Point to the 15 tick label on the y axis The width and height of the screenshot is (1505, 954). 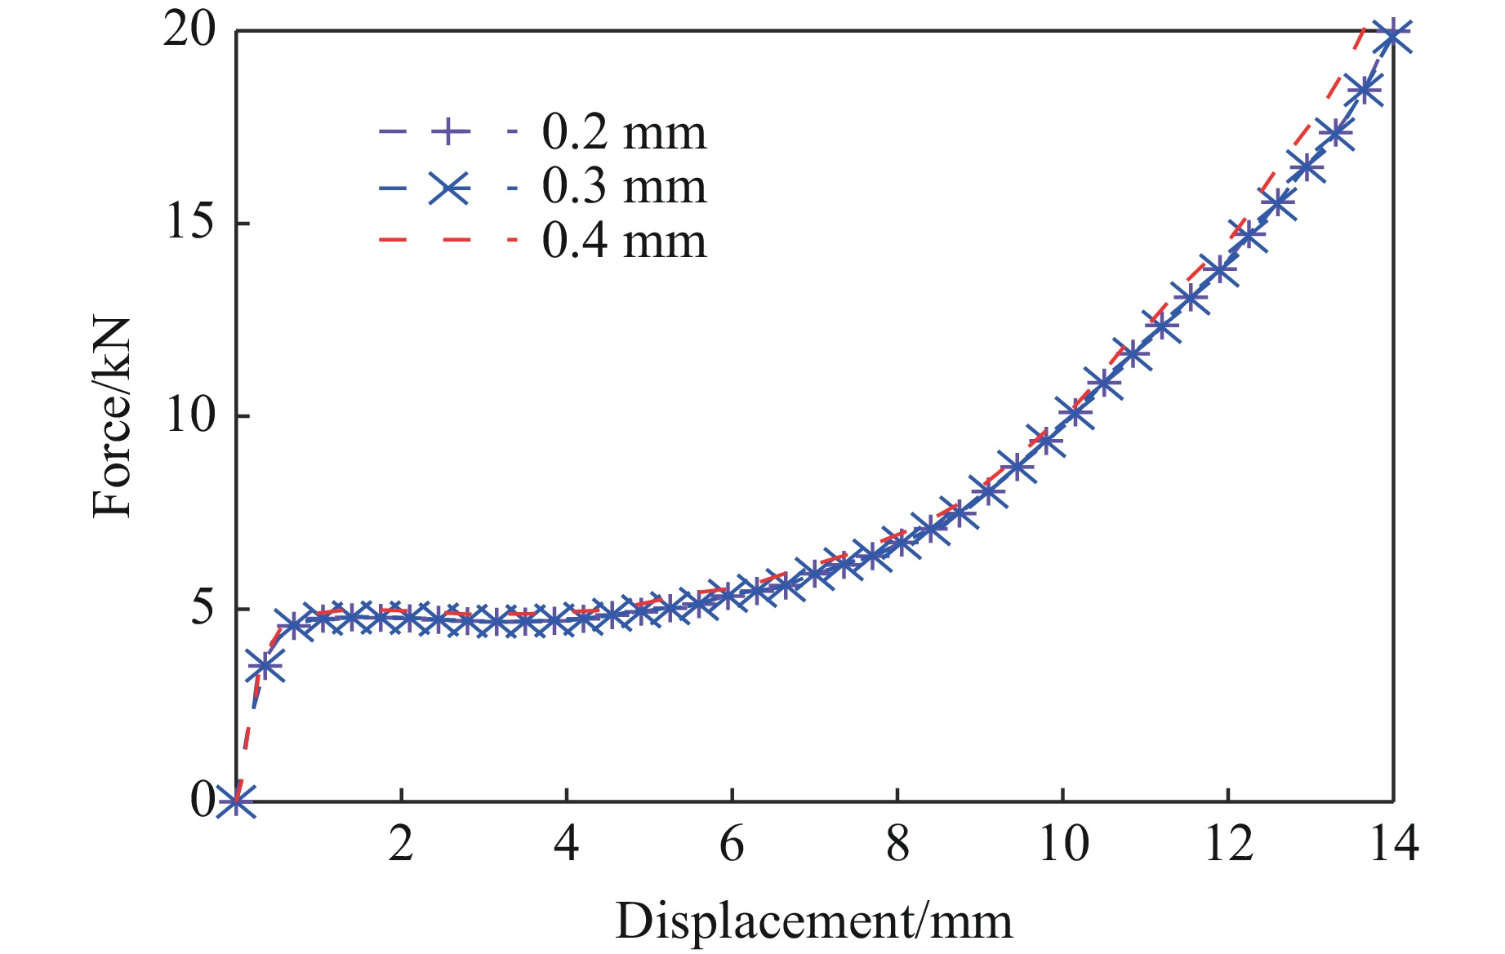[190, 223]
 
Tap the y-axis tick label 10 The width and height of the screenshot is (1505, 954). [190, 415]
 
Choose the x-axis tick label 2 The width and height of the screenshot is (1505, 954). [401, 844]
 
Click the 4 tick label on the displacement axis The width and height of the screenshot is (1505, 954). [566, 844]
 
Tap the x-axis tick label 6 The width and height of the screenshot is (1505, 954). [732, 844]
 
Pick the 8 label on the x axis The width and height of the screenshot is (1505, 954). [897, 844]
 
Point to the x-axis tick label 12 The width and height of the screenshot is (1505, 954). [1227, 844]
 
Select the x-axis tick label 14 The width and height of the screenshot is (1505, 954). [1393, 844]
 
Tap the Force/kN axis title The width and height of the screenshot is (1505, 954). [112, 416]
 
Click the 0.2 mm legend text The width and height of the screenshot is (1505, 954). [624, 132]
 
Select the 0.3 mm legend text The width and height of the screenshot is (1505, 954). [624, 187]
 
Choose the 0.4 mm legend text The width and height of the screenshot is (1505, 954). [624, 242]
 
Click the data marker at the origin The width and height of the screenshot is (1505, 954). [237, 801]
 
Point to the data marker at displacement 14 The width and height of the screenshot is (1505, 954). [1392, 34]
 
